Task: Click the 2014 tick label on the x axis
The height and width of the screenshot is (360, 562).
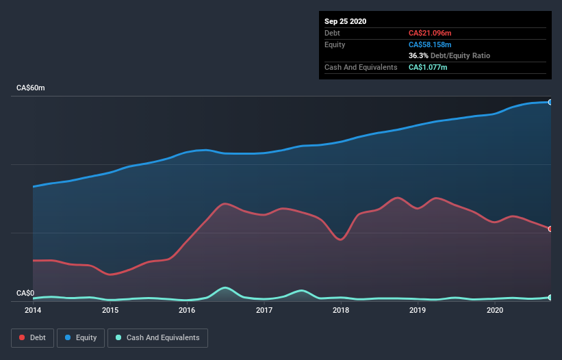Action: [x=33, y=311]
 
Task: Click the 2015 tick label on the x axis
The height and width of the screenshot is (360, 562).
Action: [x=110, y=311]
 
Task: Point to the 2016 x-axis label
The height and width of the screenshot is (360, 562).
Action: [x=187, y=311]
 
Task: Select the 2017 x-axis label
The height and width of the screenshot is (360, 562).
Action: [x=264, y=311]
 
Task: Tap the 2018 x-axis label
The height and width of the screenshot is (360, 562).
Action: [x=341, y=311]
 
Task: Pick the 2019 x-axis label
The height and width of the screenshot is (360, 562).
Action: [x=418, y=311]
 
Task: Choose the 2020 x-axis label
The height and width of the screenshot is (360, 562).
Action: [x=495, y=311]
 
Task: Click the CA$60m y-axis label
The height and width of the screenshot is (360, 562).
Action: [x=31, y=88]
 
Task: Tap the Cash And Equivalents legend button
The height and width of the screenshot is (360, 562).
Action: [x=157, y=337]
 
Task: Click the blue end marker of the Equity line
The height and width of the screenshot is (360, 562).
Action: [x=550, y=102]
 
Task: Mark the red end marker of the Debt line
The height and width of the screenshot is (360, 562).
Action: [x=550, y=229]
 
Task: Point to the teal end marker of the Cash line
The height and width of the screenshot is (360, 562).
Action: [x=550, y=297]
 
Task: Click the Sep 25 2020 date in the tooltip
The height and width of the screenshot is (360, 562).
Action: [x=346, y=21]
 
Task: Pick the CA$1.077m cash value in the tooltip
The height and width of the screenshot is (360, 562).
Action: [x=428, y=67]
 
